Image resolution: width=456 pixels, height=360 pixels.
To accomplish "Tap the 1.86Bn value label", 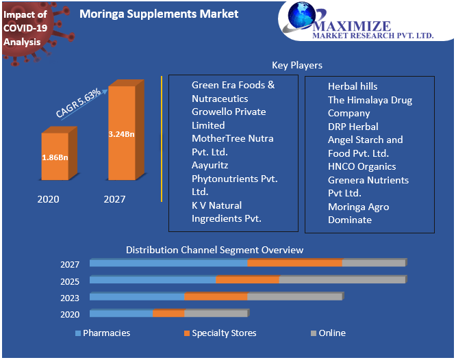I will (55, 157).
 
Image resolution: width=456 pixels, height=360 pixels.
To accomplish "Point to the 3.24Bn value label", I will (121, 133).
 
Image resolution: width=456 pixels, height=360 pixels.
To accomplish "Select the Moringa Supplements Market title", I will (159, 14).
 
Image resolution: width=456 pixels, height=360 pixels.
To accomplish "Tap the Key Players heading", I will (297, 65).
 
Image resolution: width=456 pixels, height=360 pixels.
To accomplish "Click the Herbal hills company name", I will (353, 87).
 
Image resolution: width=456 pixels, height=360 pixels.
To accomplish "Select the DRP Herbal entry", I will (353, 127).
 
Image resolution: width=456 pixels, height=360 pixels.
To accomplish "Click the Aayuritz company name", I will (210, 165).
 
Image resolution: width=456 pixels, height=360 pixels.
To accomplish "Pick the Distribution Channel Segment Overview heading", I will (214, 250).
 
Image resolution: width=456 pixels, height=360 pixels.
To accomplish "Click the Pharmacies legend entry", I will (106, 333).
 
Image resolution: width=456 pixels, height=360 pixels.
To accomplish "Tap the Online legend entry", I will (331, 333).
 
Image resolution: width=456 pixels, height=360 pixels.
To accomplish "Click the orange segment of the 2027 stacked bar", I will (294, 263).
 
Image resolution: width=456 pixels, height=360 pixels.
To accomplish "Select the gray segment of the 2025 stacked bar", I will (342, 279).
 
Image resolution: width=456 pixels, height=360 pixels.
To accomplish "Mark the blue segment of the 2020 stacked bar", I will (121, 313).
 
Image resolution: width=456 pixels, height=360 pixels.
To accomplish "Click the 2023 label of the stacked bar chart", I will (70, 298).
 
